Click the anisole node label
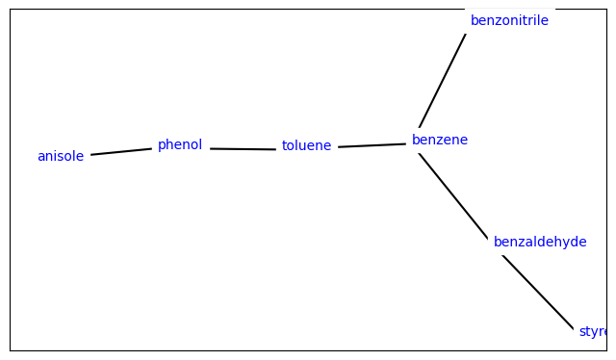coord(61,156)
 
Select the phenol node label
coord(180,145)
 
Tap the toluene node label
coord(306,146)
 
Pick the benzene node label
coord(440,141)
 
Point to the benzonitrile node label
coord(509,21)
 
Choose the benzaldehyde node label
coord(540,243)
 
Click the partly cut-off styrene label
coord(592,332)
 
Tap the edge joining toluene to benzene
coord(372,145)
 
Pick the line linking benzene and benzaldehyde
coord(453,195)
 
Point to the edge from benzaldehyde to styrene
coord(537,293)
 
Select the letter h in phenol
coord(168,145)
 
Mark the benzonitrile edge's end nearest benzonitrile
coord(465,35)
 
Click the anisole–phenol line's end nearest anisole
coord(91,154)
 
